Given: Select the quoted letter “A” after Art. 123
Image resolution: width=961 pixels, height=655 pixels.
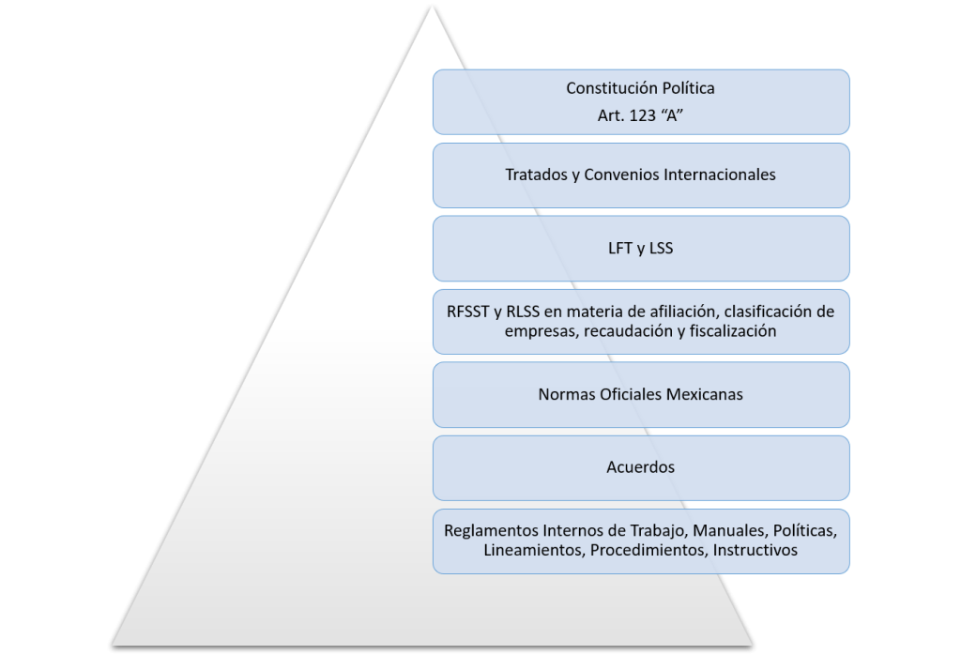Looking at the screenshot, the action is click(x=672, y=115).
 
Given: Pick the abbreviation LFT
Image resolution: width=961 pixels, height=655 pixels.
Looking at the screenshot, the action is click(x=619, y=248).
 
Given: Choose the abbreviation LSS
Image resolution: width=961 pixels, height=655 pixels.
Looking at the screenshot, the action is click(x=661, y=248).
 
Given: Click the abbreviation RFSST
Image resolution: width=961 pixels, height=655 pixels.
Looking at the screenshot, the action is click(x=467, y=312).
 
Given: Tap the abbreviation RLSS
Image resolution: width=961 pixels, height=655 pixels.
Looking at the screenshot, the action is click(x=523, y=312).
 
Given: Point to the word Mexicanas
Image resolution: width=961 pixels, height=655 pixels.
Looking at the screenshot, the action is click(x=705, y=394).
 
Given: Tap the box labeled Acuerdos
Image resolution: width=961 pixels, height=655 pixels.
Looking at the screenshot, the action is click(x=641, y=468).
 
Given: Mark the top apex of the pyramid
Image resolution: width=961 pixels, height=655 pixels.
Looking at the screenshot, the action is click(x=432, y=6).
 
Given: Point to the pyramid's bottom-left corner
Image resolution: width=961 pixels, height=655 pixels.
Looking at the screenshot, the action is click(x=113, y=646).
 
